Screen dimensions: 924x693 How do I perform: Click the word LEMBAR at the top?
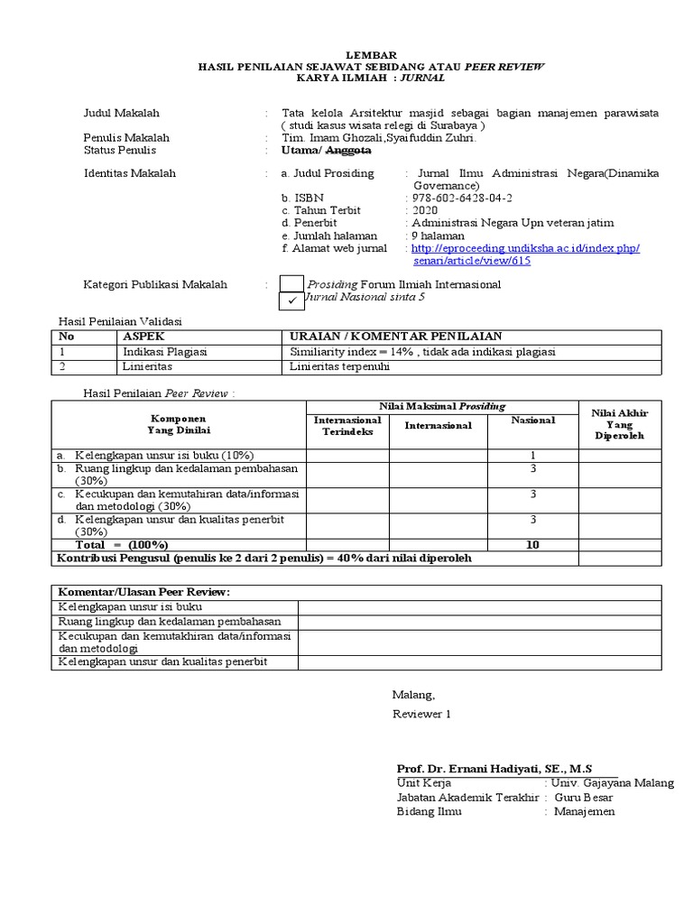(x=372, y=56)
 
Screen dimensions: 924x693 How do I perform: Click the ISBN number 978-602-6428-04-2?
(x=461, y=198)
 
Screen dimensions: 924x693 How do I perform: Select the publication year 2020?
(x=424, y=210)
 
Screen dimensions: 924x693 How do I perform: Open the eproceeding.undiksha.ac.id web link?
(x=525, y=248)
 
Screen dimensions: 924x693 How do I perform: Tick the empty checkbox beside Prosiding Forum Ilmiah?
(x=292, y=284)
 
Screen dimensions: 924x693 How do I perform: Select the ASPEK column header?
(x=144, y=336)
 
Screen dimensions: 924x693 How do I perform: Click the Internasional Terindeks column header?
(x=347, y=426)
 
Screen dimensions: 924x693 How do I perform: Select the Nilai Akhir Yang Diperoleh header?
(x=620, y=424)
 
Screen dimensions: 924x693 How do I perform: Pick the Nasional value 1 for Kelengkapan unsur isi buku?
(x=533, y=455)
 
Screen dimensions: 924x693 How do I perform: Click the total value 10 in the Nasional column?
(x=532, y=545)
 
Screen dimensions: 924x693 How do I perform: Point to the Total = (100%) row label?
(x=122, y=545)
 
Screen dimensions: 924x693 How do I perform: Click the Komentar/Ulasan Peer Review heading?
(x=144, y=591)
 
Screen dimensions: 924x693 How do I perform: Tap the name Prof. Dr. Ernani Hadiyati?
(x=494, y=768)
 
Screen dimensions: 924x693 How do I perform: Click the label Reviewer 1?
(x=420, y=714)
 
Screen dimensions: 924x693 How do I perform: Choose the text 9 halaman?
(x=438, y=236)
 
